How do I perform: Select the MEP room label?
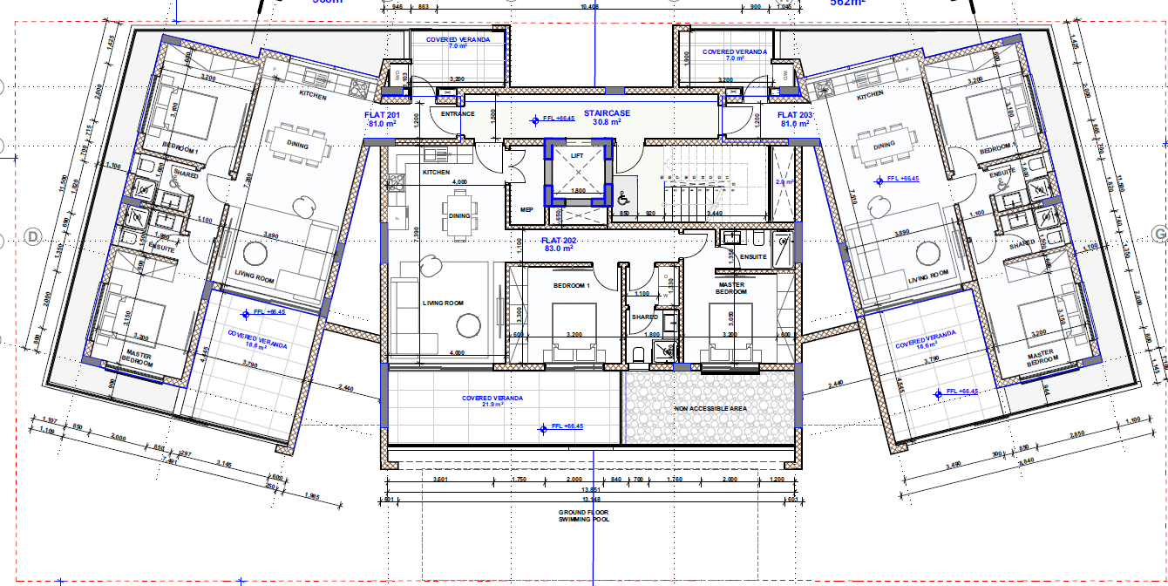526,209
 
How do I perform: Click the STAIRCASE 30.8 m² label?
607,118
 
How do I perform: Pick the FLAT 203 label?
794,119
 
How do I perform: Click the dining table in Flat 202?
458,215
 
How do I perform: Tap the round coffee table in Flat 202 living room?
468,326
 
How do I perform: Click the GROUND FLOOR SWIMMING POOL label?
585,515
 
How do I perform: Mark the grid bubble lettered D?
34,236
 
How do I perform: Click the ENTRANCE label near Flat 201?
458,113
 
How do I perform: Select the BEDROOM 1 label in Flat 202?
572,286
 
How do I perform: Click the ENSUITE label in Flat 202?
753,256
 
